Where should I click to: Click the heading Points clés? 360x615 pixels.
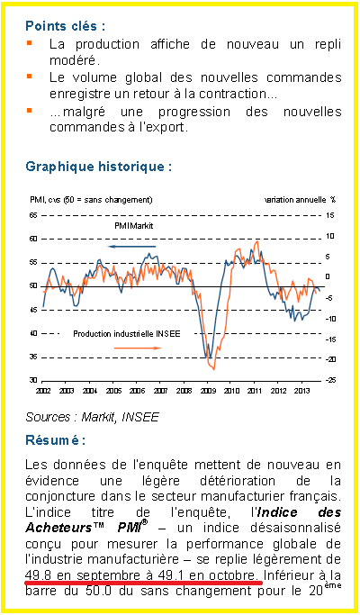65,26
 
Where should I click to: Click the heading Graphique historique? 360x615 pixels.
99,167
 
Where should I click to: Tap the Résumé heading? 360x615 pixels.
55,439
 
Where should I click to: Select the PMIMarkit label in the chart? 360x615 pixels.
134,226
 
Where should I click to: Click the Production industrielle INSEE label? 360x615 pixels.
127,334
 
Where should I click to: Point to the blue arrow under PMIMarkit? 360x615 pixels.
132,247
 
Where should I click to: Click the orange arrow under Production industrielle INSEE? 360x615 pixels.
138,348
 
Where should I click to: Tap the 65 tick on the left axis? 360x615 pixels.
33,215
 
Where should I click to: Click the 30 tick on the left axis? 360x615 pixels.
33,381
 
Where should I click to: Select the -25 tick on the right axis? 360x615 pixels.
329,381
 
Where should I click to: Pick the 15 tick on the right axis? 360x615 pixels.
329,215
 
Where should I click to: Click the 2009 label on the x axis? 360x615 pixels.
207,391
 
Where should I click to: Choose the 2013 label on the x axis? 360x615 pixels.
301,391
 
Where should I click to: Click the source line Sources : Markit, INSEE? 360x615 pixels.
92,417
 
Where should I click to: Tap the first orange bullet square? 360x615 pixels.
29,41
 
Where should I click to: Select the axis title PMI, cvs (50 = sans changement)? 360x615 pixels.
91,200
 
